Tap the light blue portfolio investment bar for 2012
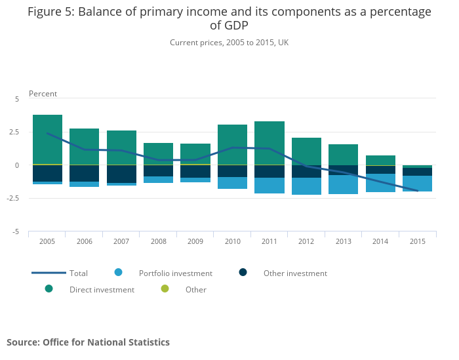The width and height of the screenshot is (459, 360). click(306, 186)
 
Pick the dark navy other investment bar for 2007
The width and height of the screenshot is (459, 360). click(121, 174)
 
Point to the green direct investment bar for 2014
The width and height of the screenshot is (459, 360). click(380, 160)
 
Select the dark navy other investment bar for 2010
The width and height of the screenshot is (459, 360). click(232, 171)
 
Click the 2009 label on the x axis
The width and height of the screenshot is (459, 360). click(195, 241)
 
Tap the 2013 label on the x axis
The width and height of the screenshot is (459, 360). click(343, 241)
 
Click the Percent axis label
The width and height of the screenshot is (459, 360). click(43, 94)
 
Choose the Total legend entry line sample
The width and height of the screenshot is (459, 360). click(49, 273)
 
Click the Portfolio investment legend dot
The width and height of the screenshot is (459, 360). click(118, 273)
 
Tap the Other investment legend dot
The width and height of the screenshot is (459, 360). click(243, 273)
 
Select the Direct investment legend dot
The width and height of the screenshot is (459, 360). click(49, 289)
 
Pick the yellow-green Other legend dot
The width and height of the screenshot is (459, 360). click(165, 289)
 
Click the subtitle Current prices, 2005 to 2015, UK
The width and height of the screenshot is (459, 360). click(229, 43)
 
